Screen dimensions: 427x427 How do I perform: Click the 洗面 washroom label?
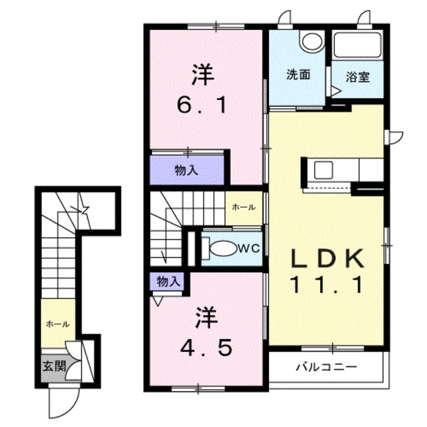tap(299, 75)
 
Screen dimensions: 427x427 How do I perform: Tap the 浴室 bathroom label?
tap(358, 75)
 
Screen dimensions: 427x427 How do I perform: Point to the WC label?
tap(249, 248)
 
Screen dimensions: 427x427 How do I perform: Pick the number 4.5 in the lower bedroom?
tap(205, 347)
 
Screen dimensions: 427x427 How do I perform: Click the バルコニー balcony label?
tap(327, 367)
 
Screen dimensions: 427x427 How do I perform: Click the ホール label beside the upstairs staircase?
tap(243, 207)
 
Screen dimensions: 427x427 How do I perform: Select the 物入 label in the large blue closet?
tap(187, 170)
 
